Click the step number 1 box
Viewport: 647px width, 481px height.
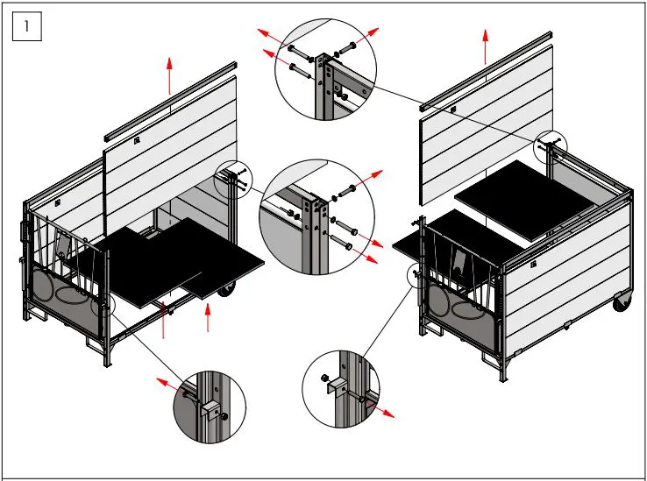[27, 27]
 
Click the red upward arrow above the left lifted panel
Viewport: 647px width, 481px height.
[170, 75]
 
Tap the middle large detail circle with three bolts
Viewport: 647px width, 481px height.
[316, 216]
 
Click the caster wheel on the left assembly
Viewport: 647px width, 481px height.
[224, 290]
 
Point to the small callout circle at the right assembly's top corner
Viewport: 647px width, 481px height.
[552, 145]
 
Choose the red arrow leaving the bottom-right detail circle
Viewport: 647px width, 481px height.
[381, 409]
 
